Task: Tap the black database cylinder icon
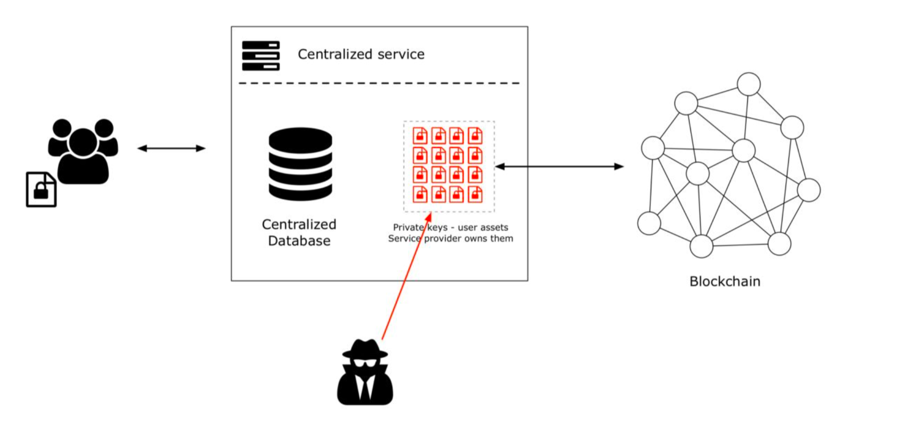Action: [300, 164]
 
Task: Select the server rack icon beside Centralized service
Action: [261, 56]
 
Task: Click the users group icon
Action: [83, 151]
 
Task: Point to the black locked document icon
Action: [41, 189]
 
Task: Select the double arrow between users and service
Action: [171, 148]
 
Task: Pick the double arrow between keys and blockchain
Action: [560, 167]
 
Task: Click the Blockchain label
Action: [725, 282]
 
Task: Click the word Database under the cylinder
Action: [299, 241]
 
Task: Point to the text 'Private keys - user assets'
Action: [450, 227]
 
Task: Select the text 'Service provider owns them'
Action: [450, 239]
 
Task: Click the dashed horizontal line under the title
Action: [379, 83]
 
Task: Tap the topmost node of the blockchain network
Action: [749, 85]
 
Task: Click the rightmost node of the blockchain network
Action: [809, 190]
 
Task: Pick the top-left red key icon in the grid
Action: [420, 136]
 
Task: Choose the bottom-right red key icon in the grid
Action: [475, 194]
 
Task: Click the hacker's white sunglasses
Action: [365, 363]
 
